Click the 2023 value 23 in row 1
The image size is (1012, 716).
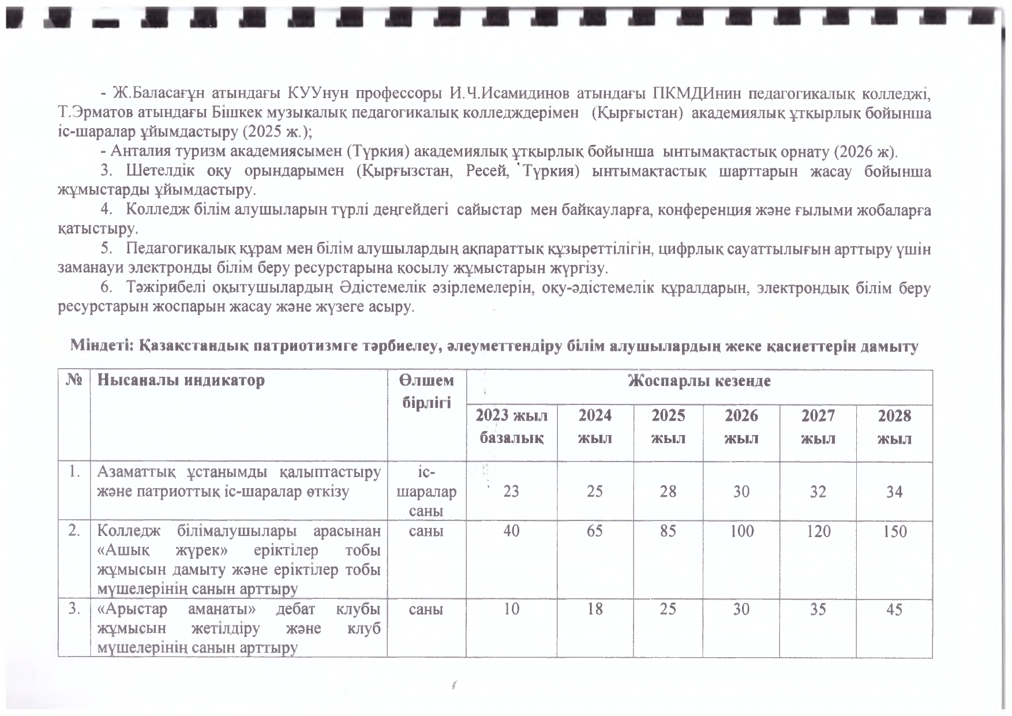point(511,492)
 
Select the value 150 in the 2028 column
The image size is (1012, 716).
point(894,531)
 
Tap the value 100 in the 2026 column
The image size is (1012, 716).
point(741,531)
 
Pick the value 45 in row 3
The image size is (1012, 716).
point(894,609)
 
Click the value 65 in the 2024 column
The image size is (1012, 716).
point(594,531)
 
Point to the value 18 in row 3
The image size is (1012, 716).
point(594,609)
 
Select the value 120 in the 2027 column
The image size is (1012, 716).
point(818,531)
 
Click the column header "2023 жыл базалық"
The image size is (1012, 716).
point(511,427)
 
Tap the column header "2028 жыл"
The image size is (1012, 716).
point(894,427)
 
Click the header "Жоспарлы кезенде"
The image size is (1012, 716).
point(699,381)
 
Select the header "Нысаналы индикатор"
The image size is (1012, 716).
point(181,381)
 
